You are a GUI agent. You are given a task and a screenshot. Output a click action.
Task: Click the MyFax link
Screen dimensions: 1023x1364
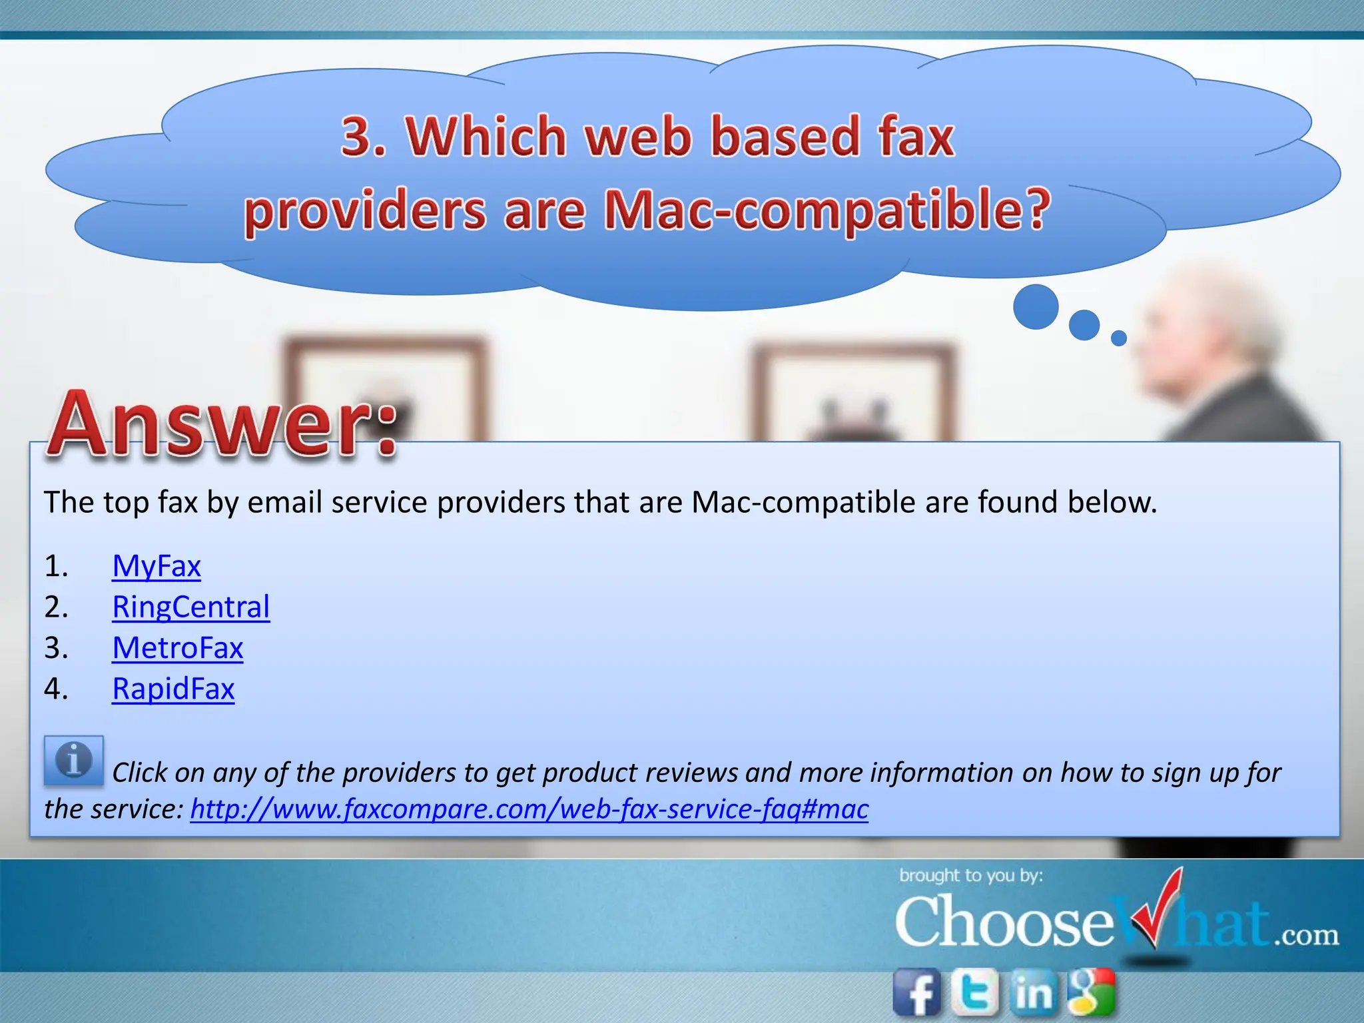[157, 567]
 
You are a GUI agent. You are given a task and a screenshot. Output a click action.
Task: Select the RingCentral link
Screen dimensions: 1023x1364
[190, 607]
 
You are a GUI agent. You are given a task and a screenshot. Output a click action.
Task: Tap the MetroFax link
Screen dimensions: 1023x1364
[177, 648]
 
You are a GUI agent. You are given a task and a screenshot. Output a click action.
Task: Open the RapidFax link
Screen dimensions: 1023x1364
[173, 689]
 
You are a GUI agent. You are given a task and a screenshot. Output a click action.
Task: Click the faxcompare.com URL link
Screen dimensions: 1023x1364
[529, 809]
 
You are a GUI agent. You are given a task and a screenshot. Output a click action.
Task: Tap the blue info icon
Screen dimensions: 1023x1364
[73, 760]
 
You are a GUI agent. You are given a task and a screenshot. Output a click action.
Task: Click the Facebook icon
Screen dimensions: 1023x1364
[917, 992]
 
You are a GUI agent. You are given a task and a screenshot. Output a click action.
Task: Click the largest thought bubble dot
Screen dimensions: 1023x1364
[1036, 307]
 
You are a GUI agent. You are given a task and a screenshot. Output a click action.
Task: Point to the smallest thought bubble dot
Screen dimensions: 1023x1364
[1119, 338]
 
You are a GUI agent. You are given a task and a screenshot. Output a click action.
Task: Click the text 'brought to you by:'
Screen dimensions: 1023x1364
[970, 875]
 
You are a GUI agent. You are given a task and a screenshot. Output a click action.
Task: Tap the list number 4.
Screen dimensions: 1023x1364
[56, 689]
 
